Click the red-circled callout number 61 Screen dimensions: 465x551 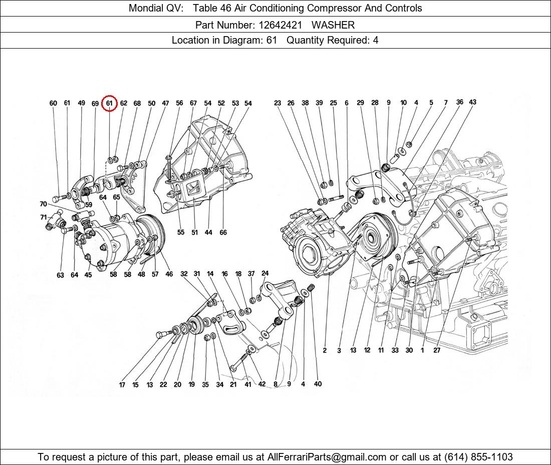(109, 103)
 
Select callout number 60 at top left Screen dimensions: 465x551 (53, 103)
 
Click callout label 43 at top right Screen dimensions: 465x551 (472, 102)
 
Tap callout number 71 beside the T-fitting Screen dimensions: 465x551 (44, 217)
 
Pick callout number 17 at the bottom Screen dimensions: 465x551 (122, 385)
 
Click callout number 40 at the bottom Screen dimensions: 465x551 (318, 384)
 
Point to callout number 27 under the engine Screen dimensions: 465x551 (437, 350)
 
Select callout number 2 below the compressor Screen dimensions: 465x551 (325, 350)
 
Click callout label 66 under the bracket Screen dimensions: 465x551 (223, 232)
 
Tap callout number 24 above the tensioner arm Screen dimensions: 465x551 (265, 273)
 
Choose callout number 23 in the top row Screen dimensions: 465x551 (278, 103)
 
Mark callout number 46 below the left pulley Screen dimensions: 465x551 (169, 274)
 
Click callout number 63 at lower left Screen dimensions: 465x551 (60, 275)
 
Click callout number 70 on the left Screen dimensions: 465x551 (43, 204)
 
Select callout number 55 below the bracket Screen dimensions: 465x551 (180, 232)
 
